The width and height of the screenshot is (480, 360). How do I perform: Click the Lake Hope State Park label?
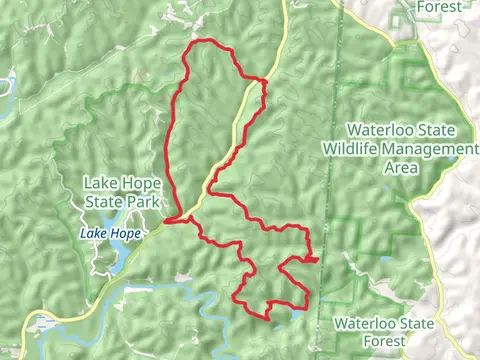tap(121, 192)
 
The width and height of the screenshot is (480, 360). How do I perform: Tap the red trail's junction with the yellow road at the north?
tap(264, 79)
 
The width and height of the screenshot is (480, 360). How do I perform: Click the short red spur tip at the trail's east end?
tap(316, 259)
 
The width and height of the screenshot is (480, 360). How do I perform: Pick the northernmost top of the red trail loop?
tap(205, 41)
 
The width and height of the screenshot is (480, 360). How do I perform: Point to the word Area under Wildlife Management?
tap(400, 166)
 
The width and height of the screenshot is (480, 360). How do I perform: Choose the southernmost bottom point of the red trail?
tap(264, 317)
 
